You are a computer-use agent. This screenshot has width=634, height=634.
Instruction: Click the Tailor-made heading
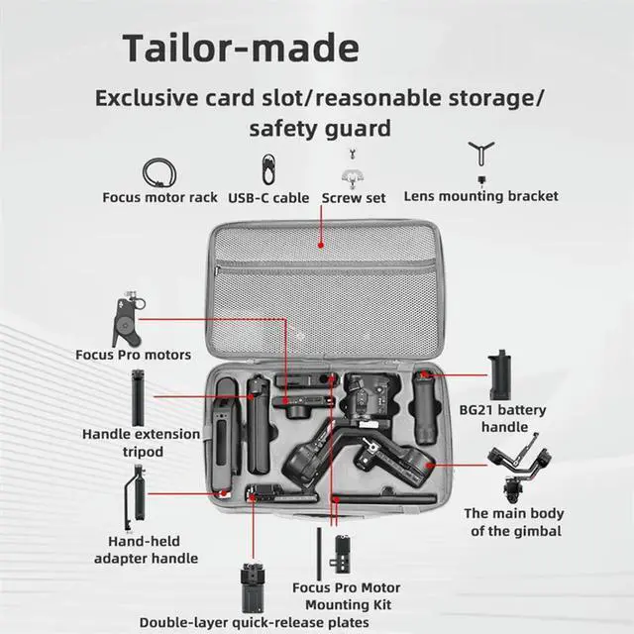pyautogui.click(x=241, y=48)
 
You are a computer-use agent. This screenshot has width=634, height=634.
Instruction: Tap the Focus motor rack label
pyautogui.click(x=160, y=197)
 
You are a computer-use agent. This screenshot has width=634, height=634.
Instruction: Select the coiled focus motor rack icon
pyautogui.click(x=157, y=170)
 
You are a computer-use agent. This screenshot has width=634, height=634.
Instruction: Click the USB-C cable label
pyautogui.click(x=268, y=197)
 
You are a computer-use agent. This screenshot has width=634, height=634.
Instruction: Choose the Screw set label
pyautogui.click(x=354, y=197)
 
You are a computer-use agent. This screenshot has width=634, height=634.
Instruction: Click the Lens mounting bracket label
pyautogui.click(x=480, y=196)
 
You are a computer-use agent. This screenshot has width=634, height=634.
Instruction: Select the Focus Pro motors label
pyautogui.click(x=134, y=354)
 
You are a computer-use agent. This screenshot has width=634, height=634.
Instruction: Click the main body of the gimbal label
pyautogui.click(x=513, y=522)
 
